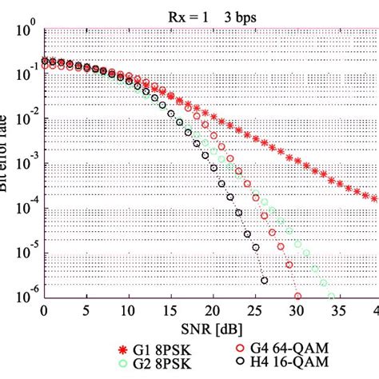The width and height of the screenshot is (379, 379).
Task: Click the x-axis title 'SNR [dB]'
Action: [x=211, y=329]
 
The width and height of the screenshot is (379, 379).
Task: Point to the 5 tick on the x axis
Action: [x=86, y=312]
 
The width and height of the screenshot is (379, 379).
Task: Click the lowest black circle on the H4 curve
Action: [x=264, y=280]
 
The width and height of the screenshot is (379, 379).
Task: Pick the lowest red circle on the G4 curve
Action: [x=297, y=296]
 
